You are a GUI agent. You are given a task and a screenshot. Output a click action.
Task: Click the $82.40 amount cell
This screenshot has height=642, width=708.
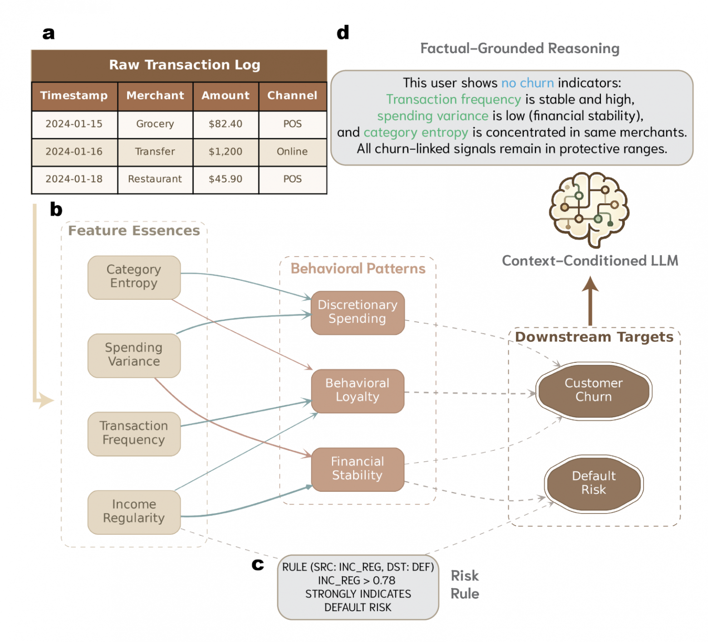(226, 124)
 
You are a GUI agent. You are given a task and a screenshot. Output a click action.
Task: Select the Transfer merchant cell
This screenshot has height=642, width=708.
(155, 152)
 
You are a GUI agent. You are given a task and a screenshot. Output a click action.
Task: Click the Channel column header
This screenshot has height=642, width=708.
(292, 96)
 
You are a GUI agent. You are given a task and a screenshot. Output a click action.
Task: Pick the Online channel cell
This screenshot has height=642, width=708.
(292, 152)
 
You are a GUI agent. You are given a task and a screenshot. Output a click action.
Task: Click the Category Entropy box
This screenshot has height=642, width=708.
(134, 277)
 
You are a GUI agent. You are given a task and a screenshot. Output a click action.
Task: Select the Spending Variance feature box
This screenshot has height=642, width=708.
(134, 355)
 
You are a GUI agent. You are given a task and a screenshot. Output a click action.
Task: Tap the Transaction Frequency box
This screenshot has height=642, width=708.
(134, 434)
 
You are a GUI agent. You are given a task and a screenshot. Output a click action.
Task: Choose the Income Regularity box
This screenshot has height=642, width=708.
(134, 512)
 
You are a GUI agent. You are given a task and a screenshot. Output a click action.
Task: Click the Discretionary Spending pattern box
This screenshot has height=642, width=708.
(358, 312)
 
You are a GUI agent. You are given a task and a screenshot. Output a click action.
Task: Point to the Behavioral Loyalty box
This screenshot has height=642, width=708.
(358, 391)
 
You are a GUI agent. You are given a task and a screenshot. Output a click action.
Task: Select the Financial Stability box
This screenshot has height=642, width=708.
(358, 469)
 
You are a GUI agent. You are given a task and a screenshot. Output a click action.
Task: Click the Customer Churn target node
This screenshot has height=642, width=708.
(594, 390)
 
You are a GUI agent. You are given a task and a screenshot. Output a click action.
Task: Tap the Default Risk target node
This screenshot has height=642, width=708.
(594, 484)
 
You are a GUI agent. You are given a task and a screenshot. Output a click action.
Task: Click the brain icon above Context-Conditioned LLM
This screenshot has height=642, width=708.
(589, 209)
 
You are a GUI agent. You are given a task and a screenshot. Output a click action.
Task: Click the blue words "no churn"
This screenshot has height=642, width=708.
(527, 83)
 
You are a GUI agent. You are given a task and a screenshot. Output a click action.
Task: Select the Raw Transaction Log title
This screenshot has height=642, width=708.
(185, 65)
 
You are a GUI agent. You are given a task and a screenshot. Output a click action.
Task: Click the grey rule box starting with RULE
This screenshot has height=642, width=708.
(358, 587)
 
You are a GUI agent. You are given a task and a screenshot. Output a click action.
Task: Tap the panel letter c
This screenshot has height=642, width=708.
(258, 564)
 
